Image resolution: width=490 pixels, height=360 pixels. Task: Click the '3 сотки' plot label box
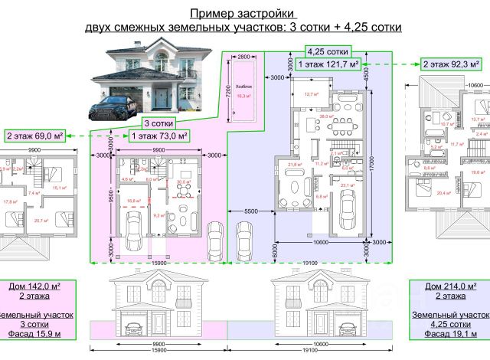[x=157, y=123]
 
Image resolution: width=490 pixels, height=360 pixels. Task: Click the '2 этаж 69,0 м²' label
[x=34, y=136]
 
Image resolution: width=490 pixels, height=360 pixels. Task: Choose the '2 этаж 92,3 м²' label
[x=452, y=64]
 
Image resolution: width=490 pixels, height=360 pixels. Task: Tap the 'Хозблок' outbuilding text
[x=244, y=87]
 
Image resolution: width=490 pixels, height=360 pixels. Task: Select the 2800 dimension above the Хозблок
[x=243, y=57]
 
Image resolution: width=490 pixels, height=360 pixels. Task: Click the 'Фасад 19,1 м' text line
[x=452, y=335]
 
